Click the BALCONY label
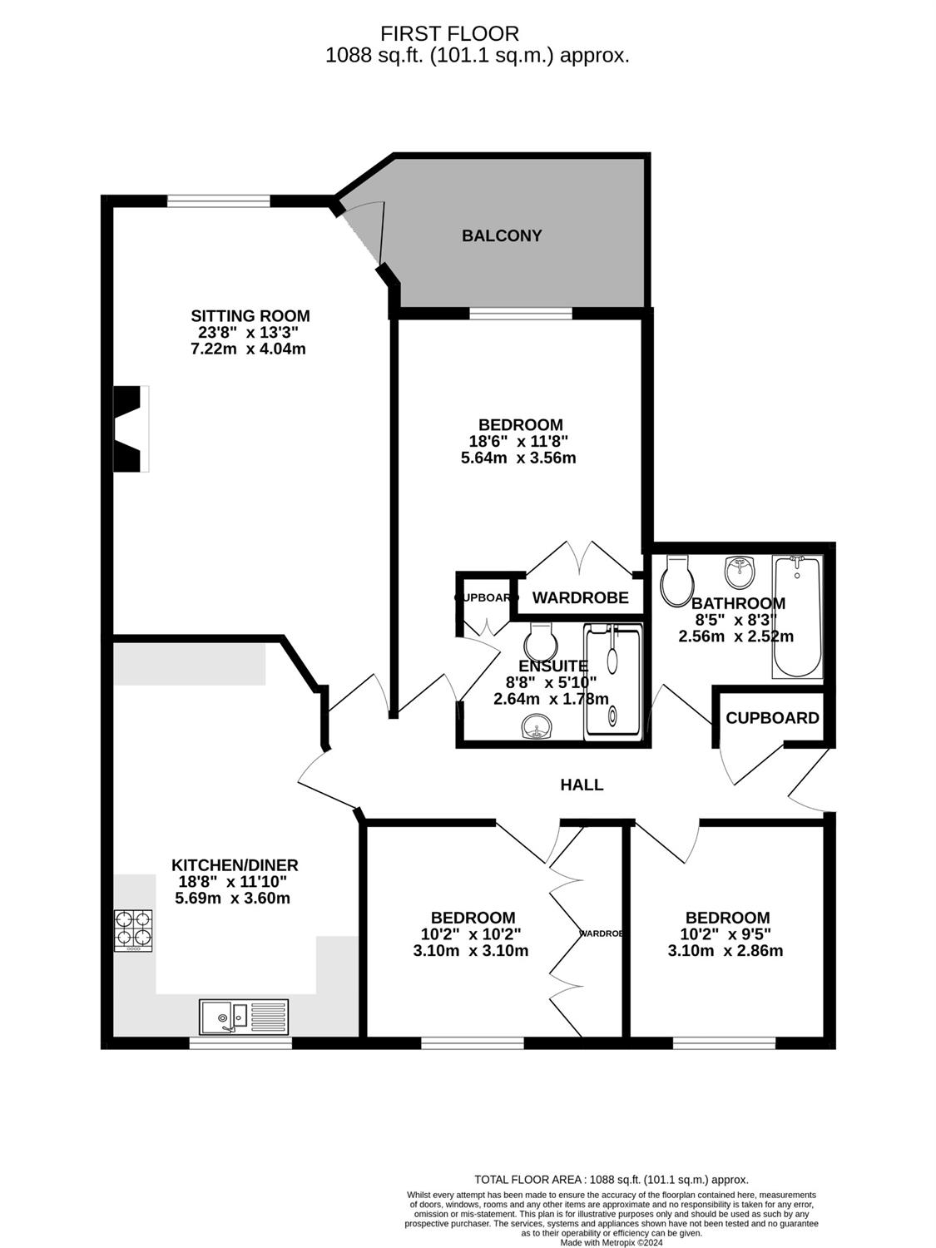pos(501,235)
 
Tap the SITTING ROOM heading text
pos(250,315)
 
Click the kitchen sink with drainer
pos(244,1018)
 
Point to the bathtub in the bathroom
pos(797,617)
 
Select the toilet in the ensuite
pos(539,641)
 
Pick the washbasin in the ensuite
pos(536,727)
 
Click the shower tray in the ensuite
pos(613,682)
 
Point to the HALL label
pos(582,785)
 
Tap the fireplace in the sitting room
pos(131,428)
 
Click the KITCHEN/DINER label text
pos(235,865)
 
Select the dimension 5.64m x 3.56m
pos(518,458)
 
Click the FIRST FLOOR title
pos(449,34)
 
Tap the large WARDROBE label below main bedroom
pos(580,597)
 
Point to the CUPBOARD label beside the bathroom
pos(772,718)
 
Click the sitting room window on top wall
pos(218,201)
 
